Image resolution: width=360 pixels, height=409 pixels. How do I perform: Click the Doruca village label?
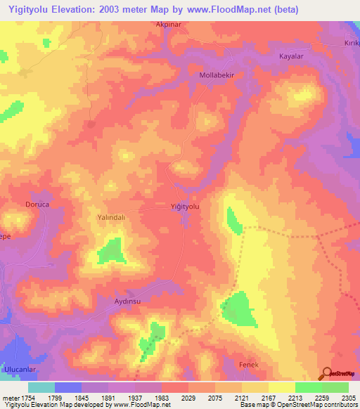tap(34, 206)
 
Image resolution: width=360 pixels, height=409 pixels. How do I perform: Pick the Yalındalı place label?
tap(110, 218)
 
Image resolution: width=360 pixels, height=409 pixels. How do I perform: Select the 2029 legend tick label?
tap(188, 397)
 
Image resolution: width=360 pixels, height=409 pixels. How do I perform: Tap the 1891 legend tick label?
tap(108, 397)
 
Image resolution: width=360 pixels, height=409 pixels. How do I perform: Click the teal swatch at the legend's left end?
tap(41, 387)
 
